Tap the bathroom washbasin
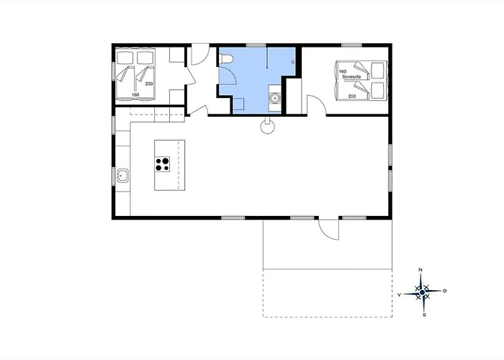pos(275,98)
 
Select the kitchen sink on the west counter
pos(123,176)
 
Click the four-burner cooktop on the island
pos(162,164)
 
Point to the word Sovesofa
pos(351,77)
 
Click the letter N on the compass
pos(420,270)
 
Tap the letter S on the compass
pos(424,315)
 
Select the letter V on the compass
pos(399,294)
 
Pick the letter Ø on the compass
pos(445,291)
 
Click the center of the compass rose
pos(422,292)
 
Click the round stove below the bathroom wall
pos(268,127)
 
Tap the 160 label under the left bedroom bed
pos(135,95)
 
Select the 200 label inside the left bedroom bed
pos(149,84)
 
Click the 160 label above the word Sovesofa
pos(343,71)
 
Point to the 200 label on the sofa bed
pos(352,96)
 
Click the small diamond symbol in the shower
pos(293,62)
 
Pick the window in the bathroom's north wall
pos(256,45)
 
